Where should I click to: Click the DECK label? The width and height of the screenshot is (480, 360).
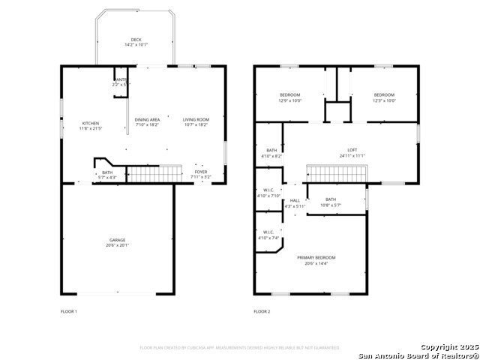(x=136, y=40)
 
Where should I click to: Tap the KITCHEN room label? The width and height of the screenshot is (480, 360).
(x=90, y=123)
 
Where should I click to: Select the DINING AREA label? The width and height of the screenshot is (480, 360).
(x=147, y=119)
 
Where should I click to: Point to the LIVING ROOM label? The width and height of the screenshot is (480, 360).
(x=196, y=119)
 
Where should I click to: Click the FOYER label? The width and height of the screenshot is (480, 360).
(x=200, y=172)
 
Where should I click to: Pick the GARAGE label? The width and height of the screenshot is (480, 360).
(x=117, y=240)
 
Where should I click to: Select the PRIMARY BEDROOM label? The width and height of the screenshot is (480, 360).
(x=316, y=257)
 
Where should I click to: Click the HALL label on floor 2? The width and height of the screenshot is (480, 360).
(x=295, y=200)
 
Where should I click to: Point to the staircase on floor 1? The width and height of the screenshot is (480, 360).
(x=154, y=174)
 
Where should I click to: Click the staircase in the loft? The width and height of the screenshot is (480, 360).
(x=335, y=174)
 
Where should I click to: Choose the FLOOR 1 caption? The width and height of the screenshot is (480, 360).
(x=68, y=311)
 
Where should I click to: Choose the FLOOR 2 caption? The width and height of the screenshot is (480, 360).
(x=261, y=311)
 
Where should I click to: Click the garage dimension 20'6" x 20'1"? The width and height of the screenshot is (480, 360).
(x=117, y=245)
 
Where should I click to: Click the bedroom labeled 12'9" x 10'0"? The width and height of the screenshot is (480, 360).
(x=289, y=97)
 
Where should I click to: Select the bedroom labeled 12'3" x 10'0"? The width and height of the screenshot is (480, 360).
(x=384, y=97)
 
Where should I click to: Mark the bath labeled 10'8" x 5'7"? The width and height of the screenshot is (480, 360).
(x=331, y=202)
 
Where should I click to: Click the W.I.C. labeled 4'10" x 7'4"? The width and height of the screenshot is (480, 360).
(x=268, y=235)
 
